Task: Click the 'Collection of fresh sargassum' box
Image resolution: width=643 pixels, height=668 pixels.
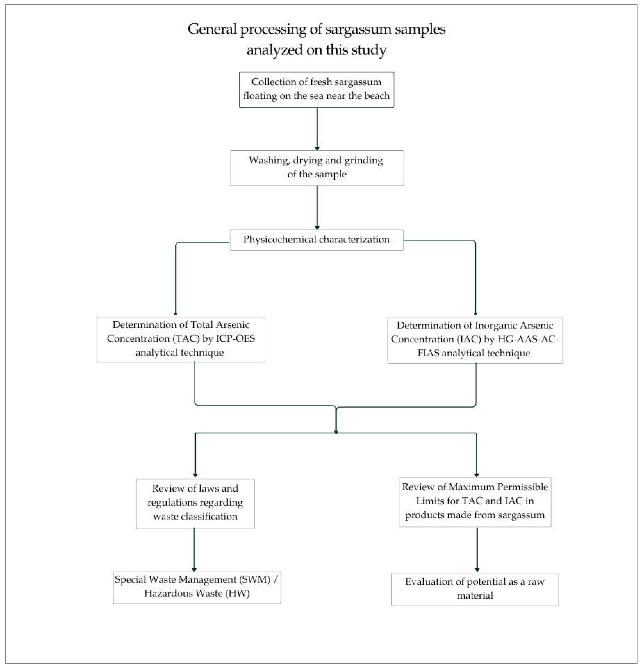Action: [316, 90]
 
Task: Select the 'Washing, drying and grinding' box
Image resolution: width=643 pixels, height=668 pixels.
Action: [317, 168]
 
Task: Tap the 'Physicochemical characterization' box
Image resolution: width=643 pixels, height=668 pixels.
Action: [316, 240]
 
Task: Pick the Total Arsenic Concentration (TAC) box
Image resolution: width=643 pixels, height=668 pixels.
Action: [181, 339]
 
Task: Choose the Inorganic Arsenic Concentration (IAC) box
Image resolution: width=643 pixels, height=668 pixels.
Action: [475, 340]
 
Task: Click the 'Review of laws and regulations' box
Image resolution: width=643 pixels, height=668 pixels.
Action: [195, 503]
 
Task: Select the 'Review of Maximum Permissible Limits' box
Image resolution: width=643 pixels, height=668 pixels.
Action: [475, 502]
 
